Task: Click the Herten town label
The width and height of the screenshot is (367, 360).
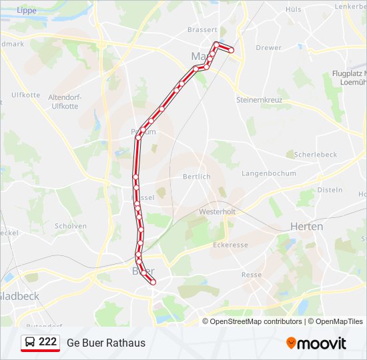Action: pos(307,227)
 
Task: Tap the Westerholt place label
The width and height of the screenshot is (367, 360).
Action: pos(218,211)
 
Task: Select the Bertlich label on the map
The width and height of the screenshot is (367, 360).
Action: pos(197,176)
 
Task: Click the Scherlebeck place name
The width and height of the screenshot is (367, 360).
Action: pos(316,154)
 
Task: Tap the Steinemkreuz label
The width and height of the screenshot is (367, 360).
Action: pos(260,99)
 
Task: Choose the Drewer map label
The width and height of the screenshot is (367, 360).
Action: pos(268,48)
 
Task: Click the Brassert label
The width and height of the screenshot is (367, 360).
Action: pos(203,29)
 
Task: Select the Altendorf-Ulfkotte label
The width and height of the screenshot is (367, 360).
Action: pos(64,101)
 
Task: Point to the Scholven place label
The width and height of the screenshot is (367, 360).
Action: pos(71,226)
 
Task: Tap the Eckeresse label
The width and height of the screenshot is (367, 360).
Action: pos(230,245)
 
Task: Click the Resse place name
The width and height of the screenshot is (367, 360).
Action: pos(252,275)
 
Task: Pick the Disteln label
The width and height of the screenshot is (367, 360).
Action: pos(330,190)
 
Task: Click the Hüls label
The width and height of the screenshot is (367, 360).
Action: pos(294,9)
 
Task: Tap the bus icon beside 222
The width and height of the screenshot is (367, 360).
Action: pos(30,343)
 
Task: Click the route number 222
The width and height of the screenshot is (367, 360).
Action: pos(47,342)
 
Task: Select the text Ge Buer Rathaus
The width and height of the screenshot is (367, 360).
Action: pos(106,343)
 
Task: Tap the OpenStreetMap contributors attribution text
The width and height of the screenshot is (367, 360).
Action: pos(256,321)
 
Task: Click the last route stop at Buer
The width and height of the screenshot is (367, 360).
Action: pos(153,283)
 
